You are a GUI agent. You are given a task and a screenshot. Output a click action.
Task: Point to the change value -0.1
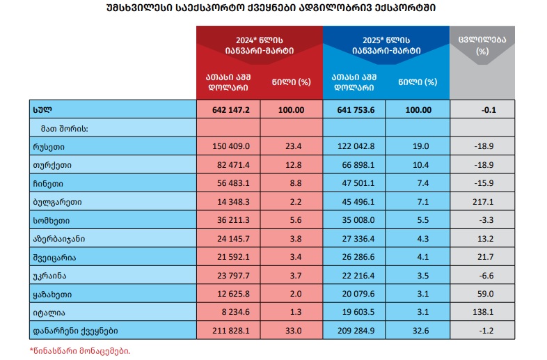482,110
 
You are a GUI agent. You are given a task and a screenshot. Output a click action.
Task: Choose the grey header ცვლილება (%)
482,45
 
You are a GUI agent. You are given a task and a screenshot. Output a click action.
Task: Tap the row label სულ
42,110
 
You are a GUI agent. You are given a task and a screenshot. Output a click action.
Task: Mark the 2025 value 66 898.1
354,165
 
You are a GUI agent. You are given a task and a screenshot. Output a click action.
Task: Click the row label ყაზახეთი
52,293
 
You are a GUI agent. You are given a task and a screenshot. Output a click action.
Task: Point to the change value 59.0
482,293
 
